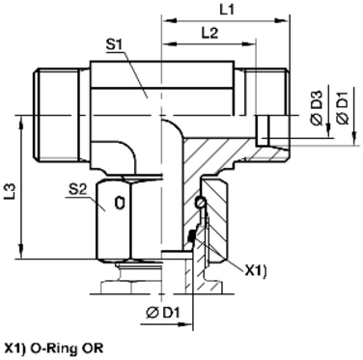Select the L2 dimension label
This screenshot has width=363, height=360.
[x=208, y=33]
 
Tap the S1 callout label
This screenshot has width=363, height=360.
[x=113, y=45]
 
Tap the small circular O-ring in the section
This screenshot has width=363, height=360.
[x=199, y=203]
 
